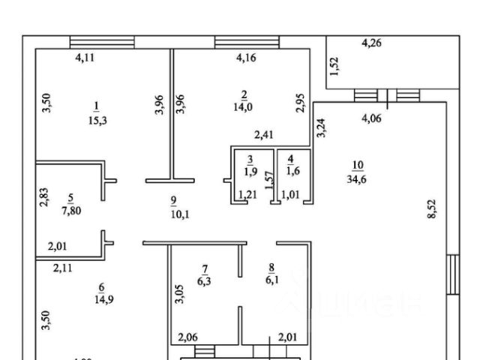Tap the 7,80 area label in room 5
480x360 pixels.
click(x=70, y=211)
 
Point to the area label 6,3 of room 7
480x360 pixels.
click(x=203, y=282)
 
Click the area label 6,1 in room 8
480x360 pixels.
click(x=273, y=281)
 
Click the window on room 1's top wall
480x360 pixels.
click(x=102, y=42)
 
